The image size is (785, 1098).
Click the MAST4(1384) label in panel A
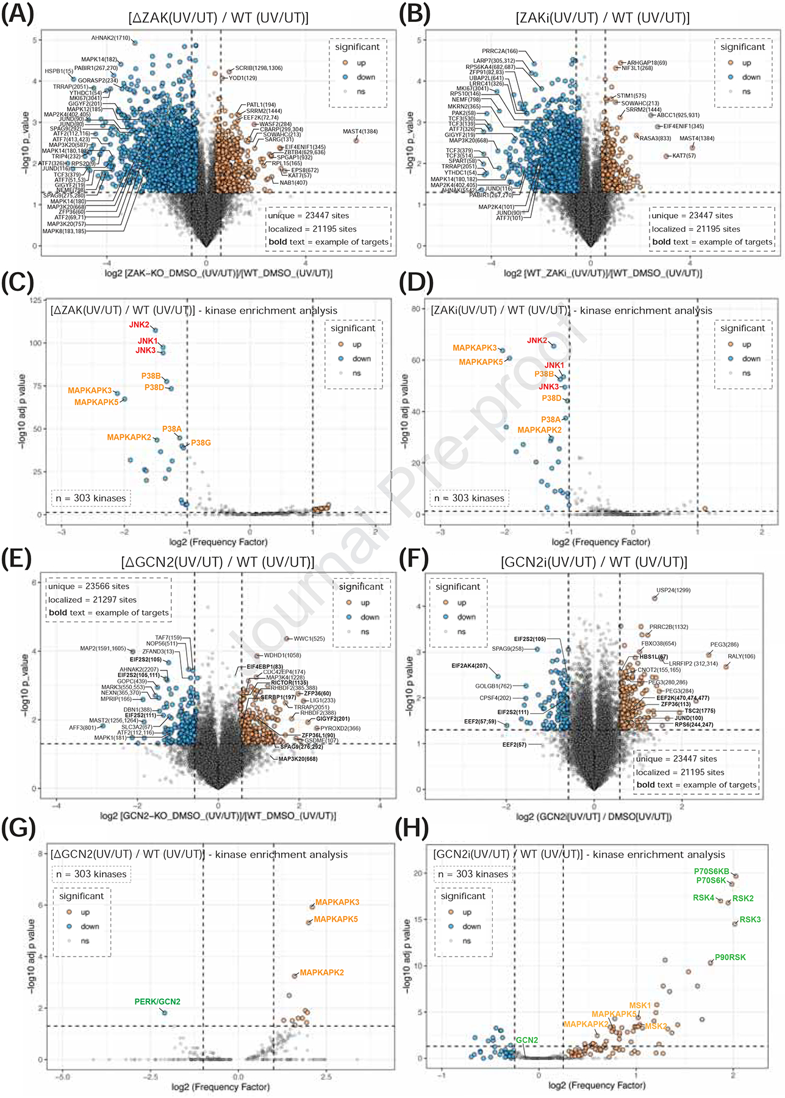(x=360, y=132)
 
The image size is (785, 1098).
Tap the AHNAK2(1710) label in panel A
(x=110, y=38)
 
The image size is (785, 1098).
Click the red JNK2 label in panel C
(x=139, y=325)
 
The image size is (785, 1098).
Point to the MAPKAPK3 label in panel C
(x=90, y=390)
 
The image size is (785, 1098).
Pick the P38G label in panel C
(x=201, y=443)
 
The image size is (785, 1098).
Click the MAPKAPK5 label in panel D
(x=481, y=362)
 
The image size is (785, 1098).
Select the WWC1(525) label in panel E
(x=309, y=639)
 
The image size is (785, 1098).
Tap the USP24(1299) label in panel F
(x=673, y=590)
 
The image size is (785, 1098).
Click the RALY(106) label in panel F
(x=741, y=656)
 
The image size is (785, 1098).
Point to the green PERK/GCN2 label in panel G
(x=157, y=1002)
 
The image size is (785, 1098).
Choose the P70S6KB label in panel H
(x=711, y=872)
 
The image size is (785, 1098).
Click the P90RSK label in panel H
(x=730, y=958)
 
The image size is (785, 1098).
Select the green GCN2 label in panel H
(x=527, y=1040)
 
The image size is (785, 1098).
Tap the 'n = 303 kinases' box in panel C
(x=91, y=498)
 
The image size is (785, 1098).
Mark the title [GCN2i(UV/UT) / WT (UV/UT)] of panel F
(x=593, y=562)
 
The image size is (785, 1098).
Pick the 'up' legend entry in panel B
(x=746, y=63)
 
